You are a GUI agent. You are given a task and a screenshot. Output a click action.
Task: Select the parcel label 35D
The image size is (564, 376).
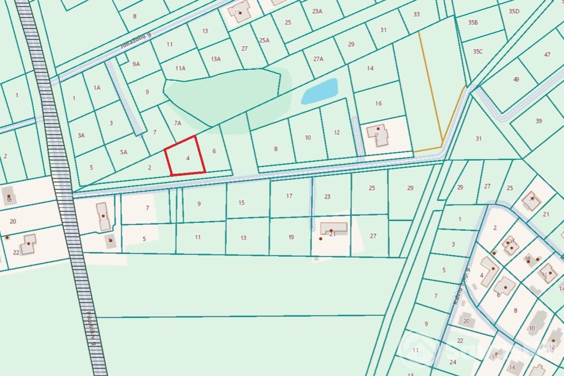coord(514,11)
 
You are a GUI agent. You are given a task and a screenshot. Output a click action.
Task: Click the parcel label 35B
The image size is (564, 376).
coord(473,22)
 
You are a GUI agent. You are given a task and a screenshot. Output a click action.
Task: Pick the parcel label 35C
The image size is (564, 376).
coord(478,51)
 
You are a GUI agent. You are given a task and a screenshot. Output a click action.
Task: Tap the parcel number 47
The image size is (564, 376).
coord(547,55)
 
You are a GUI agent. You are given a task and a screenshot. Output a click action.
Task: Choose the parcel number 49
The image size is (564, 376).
coord(516,79)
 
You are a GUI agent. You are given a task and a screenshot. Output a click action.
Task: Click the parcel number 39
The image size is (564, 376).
coord(539,121)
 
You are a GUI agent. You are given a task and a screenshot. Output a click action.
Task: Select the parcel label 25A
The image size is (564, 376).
coord(264,40)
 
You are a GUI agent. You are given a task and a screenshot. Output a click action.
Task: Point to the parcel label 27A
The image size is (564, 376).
coord(318,59)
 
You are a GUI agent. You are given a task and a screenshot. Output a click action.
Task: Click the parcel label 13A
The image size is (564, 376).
coord(215,59)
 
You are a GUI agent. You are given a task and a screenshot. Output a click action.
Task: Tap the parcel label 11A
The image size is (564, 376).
coord(180,68)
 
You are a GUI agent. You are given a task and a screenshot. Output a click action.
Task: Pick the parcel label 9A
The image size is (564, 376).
coord(136,64)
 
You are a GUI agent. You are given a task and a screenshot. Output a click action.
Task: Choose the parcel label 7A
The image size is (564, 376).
coord(178,123)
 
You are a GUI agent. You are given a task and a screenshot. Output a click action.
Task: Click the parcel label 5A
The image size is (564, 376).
coord(124,152)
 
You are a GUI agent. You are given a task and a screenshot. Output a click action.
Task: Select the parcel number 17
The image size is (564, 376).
coord(289,196)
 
